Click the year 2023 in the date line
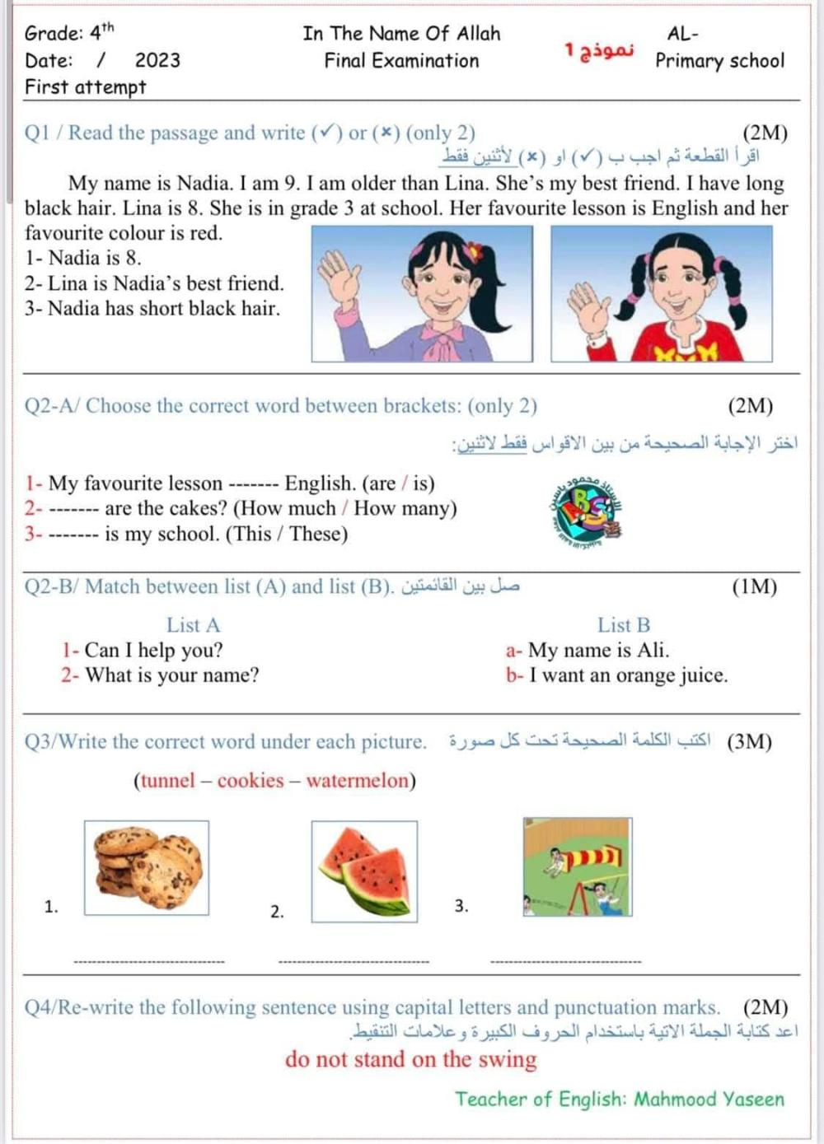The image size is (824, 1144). [157, 60]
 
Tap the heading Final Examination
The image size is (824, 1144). [401, 61]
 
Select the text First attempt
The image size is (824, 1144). [85, 87]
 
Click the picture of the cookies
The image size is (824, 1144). [147, 867]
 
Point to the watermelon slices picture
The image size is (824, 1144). [364, 871]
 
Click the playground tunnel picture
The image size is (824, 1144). [578, 866]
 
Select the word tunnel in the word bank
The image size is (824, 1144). [168, 781]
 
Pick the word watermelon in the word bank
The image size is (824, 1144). [358, 781]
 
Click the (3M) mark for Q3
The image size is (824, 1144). [749, 741]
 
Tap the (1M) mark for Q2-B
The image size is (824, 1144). [754, 586]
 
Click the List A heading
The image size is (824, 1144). [193, 625]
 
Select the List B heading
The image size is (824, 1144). [624, 625]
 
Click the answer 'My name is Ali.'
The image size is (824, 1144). [598, 651]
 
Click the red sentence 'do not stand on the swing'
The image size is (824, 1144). [410, 1059]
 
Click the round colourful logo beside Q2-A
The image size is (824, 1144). [586, 512]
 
